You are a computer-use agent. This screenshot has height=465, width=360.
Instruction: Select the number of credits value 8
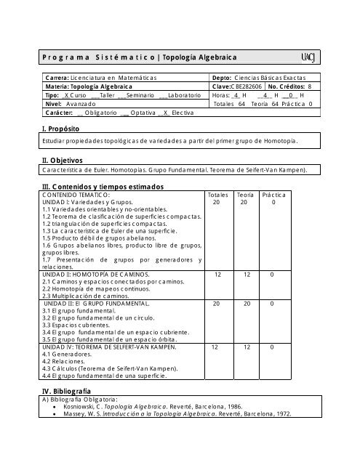[309, 86]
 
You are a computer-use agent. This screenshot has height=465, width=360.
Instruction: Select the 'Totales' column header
[217, 195]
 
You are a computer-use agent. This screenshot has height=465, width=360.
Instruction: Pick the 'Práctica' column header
[273, 195]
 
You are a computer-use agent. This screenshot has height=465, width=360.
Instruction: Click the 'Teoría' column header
[245, 195]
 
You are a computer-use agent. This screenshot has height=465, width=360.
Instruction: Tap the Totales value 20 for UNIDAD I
[217, 203]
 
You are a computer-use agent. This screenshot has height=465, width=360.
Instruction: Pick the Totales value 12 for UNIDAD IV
[217, 347]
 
